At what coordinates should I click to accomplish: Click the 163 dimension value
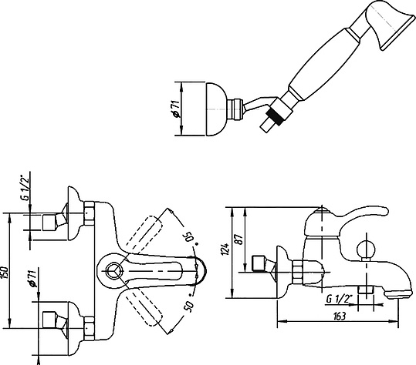point(339,316)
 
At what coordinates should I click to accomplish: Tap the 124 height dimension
point(225,249)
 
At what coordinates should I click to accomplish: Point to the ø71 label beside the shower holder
point(176,109)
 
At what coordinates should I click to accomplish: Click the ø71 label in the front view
point(32,279)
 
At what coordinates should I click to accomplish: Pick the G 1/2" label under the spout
point(337,299)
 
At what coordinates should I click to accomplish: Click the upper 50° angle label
point(190,236)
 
